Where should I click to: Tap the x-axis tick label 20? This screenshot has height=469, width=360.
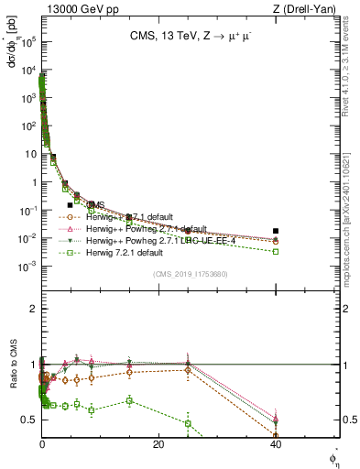pos(158,444)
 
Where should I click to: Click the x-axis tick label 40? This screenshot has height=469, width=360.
pos(276,444)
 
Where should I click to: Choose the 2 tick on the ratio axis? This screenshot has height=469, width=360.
pos(34,309)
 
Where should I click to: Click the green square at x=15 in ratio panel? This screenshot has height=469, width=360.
pos(129,400)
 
